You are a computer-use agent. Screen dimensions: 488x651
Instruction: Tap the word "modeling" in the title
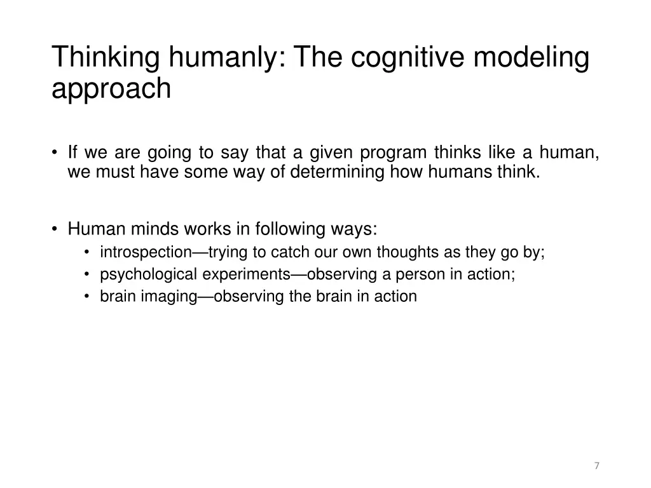535,58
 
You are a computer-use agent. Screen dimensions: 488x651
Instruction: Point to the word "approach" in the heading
111,89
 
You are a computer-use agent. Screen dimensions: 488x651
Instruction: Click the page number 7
596,466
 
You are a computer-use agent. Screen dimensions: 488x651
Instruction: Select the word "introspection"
146,252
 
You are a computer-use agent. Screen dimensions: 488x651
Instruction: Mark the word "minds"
151,228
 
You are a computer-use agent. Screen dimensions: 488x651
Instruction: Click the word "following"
291,228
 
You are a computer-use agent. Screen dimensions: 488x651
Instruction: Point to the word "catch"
291,252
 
